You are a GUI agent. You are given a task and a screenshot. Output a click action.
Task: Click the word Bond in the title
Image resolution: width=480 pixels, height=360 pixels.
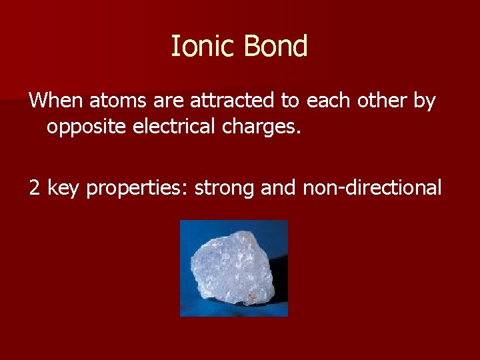[275, 47]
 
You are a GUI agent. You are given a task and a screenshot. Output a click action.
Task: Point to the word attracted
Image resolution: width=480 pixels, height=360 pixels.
[233, 101]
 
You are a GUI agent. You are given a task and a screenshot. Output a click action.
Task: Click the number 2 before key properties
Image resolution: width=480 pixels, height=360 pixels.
[35, 189]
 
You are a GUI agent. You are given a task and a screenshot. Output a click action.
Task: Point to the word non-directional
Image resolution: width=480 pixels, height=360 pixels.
[372, 189]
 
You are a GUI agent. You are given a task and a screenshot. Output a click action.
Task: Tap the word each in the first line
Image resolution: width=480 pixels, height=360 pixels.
[329, 101]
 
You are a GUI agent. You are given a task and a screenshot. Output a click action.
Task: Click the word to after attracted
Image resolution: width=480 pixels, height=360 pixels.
[290, 102]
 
